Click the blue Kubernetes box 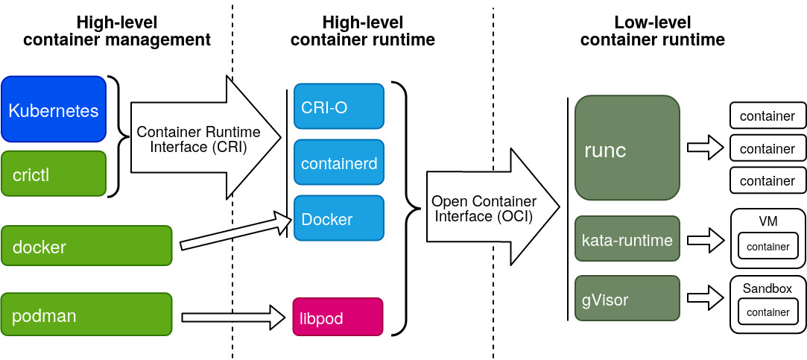[54, 110]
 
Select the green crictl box [54, 174]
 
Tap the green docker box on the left [86, 246]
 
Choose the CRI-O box [338, 106]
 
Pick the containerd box [338, 162]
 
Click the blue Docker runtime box [338, 218]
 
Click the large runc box [627, 148]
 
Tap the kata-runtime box [627, 239]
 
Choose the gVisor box [627, 300]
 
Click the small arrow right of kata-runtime [705, 240]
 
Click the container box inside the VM [768, 246]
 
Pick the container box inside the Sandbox [768, 312]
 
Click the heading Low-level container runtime [652, 31]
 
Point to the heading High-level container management [117, 31]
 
